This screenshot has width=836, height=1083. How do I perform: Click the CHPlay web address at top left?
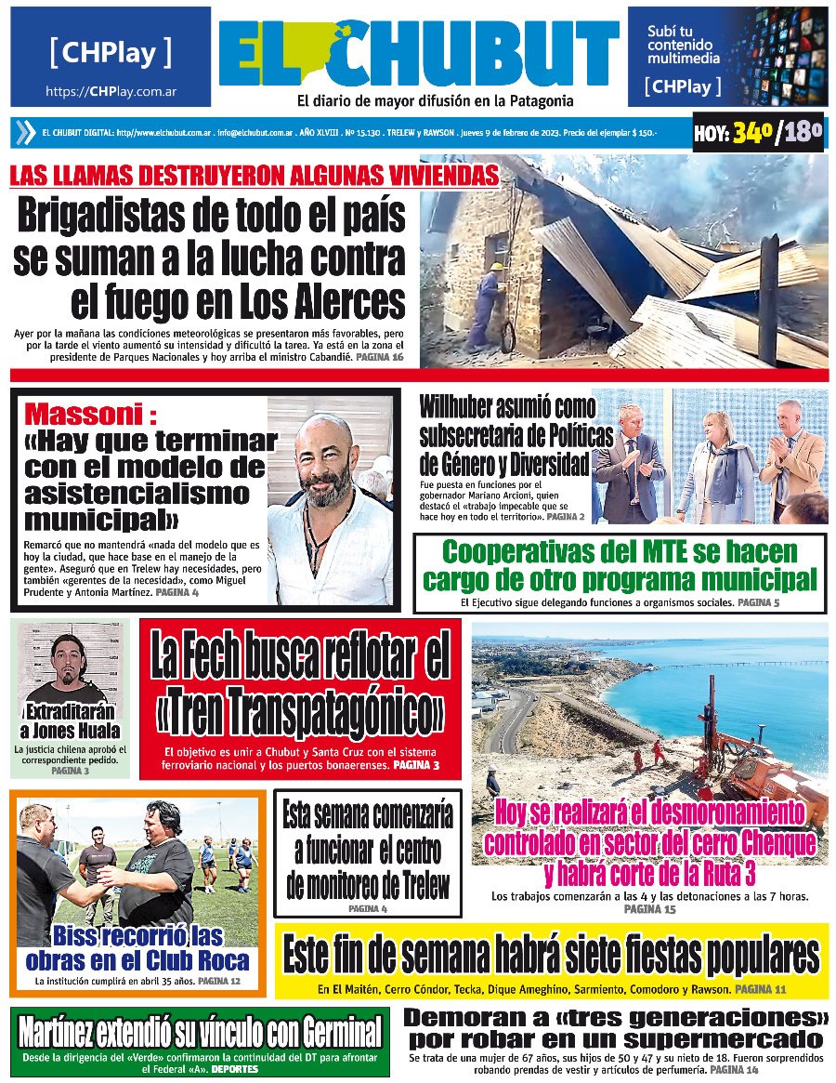[111, 92]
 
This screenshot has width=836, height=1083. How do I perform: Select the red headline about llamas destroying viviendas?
[254, 175]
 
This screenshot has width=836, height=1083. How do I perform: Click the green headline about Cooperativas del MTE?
[620, 566]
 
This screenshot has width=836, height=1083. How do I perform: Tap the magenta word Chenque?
[764, 843]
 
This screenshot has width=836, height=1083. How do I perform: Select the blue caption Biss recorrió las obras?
[137, 947]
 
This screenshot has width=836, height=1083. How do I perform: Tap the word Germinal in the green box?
[332, 1032]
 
